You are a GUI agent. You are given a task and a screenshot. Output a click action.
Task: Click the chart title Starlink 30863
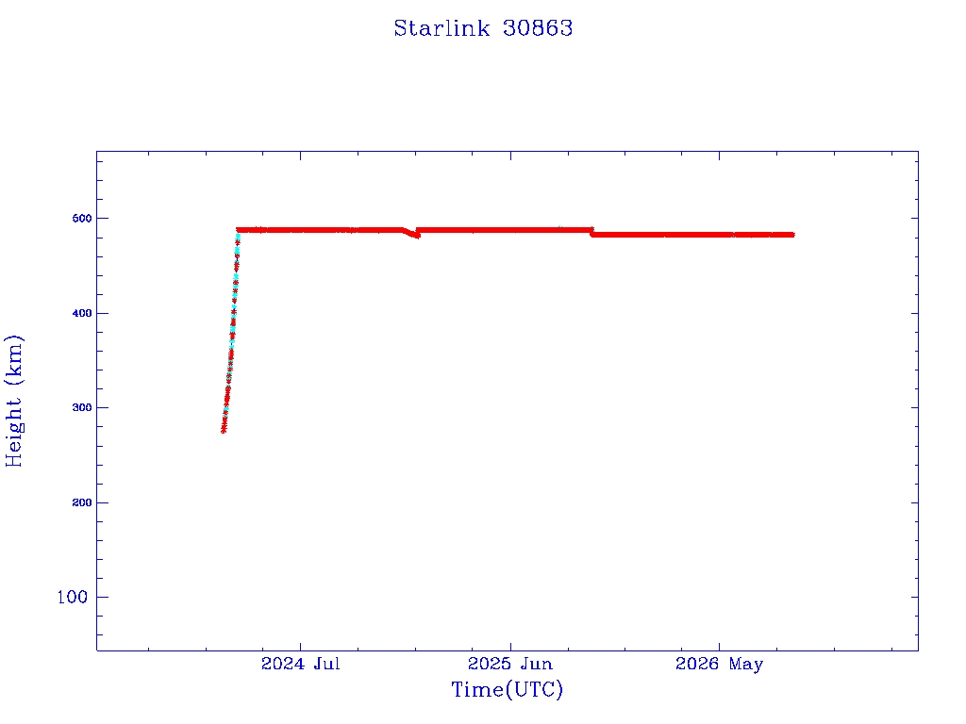pyautogui.click(x=483, y=28)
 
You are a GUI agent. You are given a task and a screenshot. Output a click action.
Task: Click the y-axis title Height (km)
pyautogui.click(x=14, y=401)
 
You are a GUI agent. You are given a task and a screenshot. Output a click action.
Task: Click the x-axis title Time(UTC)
pyautogui.click(x=507, y=689)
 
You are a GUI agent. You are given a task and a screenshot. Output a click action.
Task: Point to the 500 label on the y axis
pyautogui.click(x=82, y=219)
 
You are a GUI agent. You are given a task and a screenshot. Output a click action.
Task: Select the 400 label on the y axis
pyautogui.click(x=82, y=313)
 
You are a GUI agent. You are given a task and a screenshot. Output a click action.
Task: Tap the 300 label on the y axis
pyautogui.click(x=82, y=407)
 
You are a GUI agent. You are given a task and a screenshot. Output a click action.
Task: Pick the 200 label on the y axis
pyautogui.click(x=82, y=502)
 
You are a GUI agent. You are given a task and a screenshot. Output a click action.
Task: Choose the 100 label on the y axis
pyautogui.click(x=72, y=597)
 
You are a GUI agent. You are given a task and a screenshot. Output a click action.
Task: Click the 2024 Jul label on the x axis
pyautogui.click(x=301, y=664)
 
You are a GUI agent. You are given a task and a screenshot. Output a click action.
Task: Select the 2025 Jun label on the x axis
pyautogui.click(x=510, y=664)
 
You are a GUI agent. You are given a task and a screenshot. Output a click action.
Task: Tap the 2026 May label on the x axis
pyautogui.click(x=719, y=665)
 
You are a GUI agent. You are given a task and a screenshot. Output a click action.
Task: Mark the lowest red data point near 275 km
pyautogui.click(x=224, y=430)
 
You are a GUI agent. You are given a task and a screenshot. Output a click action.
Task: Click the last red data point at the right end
pyautogui.click(x=791, y=235)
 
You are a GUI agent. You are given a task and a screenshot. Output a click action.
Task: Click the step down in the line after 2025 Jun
pyautogui.click(x=591, y=232)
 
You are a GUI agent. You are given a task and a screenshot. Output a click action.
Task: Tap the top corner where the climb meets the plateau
pyautogui.click(x=239, y=230)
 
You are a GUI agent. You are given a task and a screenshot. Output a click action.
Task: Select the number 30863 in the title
pyautogui.click(x=538, y=28)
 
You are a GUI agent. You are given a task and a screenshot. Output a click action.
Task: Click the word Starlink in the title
pyautogui.click(x=441, y=28)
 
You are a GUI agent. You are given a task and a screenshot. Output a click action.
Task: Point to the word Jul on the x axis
pyautogui.click(x=326, y=664)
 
